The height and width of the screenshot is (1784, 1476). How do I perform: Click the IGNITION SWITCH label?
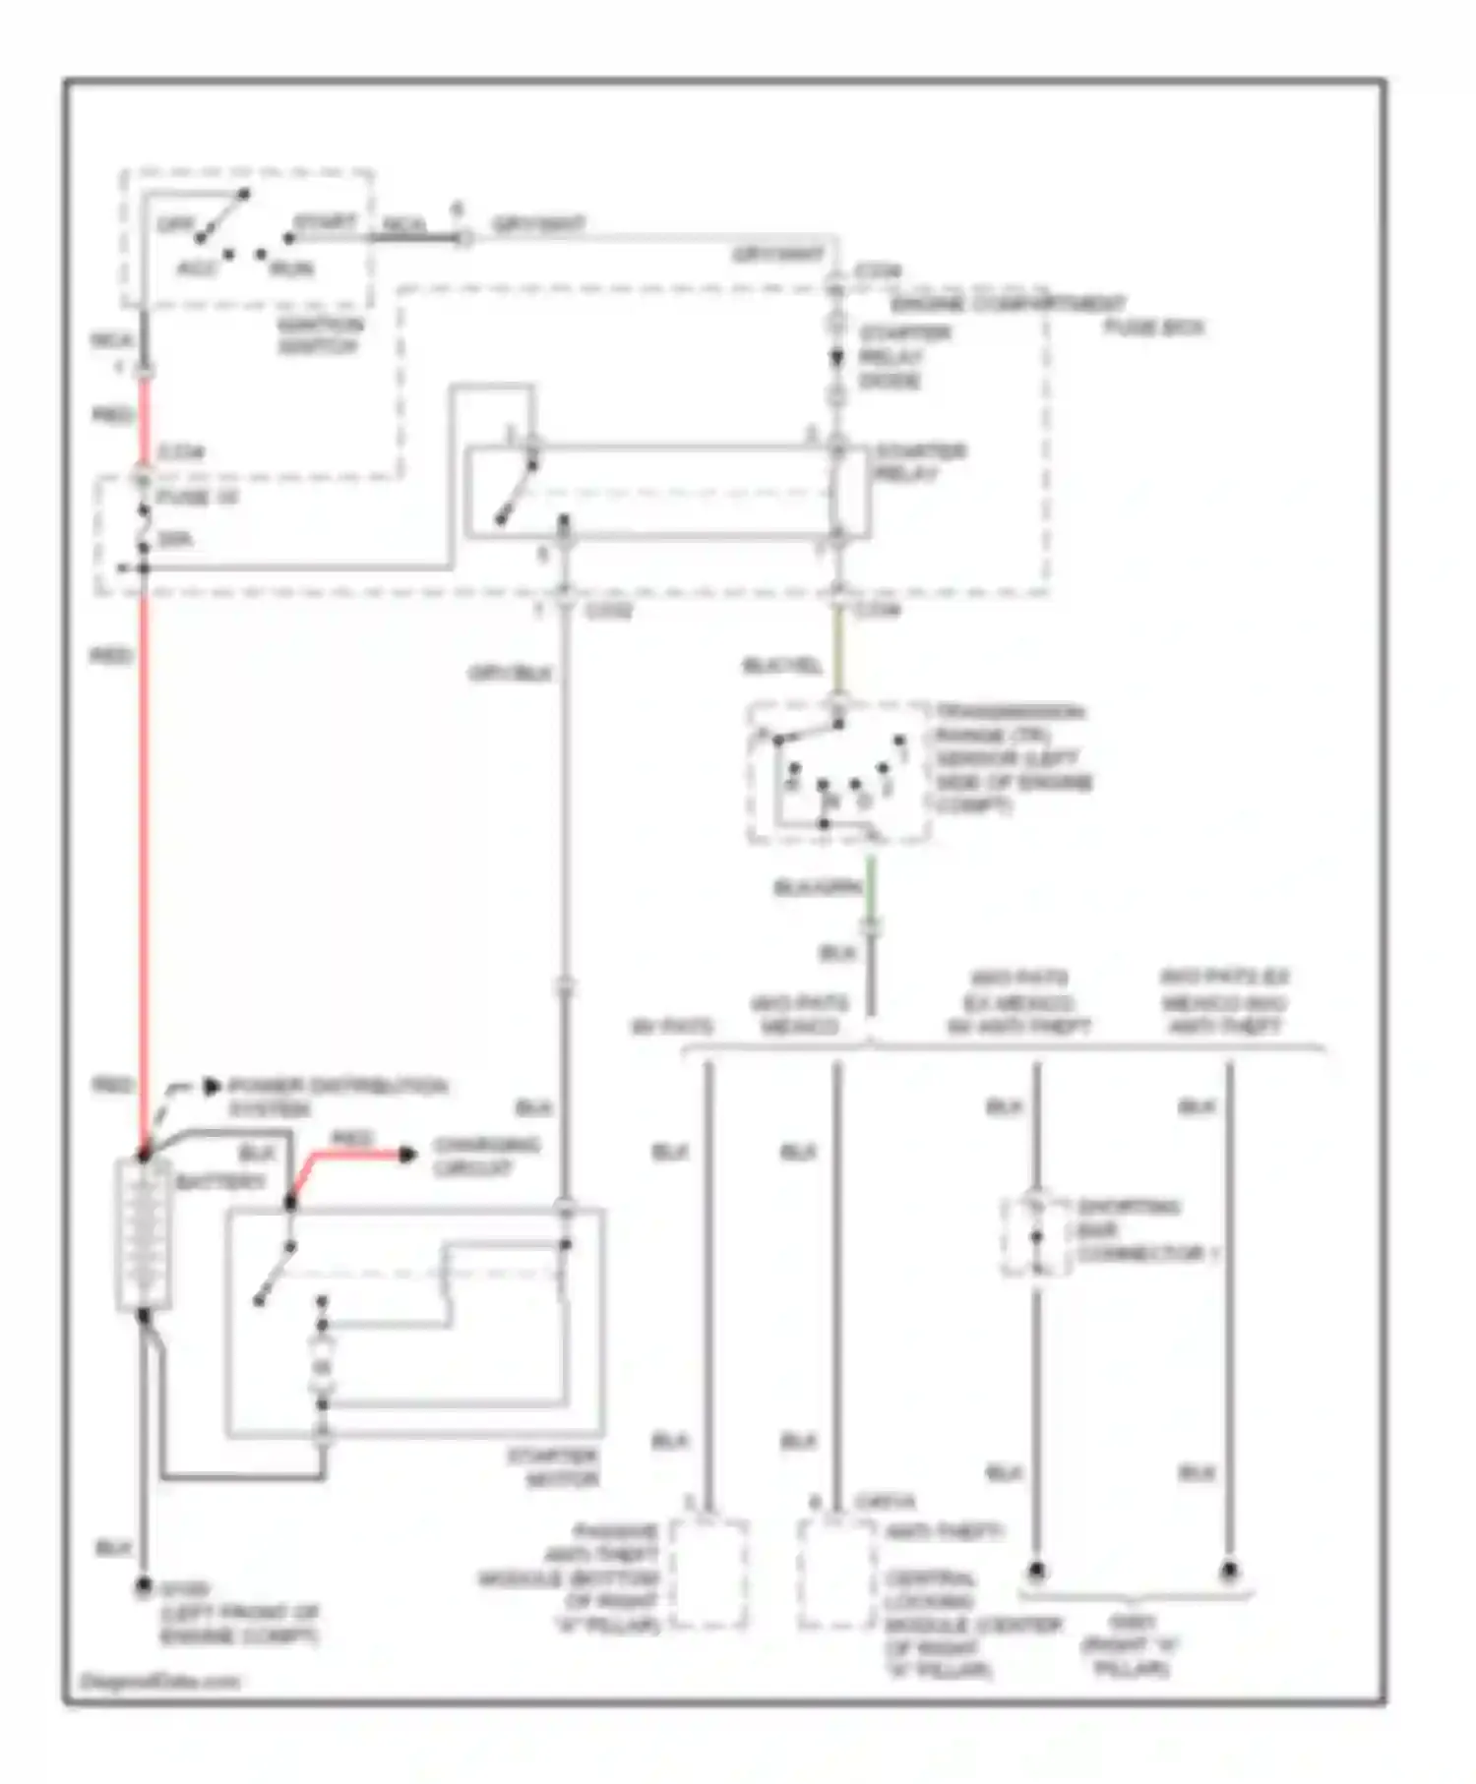click(320, 335)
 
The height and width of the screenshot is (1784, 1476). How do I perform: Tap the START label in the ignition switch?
click(325, 223)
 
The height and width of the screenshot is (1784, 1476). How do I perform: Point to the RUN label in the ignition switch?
click(291, 268)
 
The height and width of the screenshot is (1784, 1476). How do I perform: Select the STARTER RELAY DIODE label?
click(903, 356)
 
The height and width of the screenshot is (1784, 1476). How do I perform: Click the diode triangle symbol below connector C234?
click(836, 358)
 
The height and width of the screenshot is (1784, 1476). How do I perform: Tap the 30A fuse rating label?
click(175, 539)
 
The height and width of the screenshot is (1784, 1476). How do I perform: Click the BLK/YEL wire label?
click(781, 666)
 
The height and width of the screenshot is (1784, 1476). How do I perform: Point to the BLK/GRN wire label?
click(818, 888)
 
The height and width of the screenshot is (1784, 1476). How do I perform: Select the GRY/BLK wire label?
click(510, 674)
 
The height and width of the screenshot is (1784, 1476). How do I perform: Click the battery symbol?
click(144, 1234)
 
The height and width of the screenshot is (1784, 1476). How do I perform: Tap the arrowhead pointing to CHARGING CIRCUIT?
click(407, 1154)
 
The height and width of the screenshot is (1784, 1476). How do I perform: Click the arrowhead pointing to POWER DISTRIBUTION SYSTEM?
click(211, 1087)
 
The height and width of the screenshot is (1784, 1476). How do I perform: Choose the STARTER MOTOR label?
click(553, 1467)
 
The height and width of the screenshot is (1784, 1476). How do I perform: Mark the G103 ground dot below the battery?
click(144, 1584)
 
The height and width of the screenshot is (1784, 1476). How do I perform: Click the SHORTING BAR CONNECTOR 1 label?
click(1146, 1230)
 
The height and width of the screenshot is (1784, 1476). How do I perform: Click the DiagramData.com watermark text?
click(160, 1682)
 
